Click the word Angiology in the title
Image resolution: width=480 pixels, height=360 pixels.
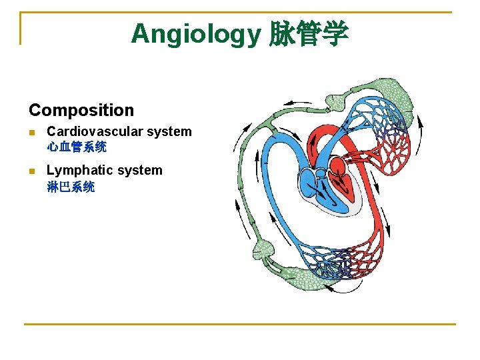pos(197,33)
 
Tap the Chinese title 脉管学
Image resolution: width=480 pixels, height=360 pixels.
pos(309,34)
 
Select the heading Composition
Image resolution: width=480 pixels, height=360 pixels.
pos(81,110)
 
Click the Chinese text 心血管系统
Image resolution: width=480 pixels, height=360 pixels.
pos(77,147)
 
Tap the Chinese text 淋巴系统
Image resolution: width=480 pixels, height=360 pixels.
pos(71,187)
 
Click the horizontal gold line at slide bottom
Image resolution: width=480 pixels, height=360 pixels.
pos(240,325)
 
